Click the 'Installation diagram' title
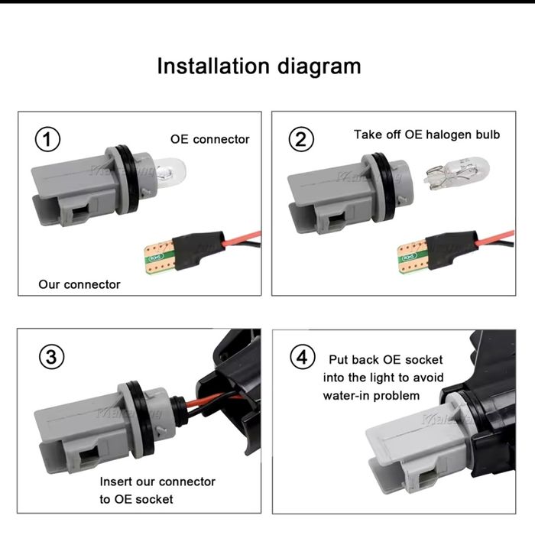click(258, 66)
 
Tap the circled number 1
click(48, 140)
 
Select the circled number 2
click(300, 140)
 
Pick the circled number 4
click(303, 356)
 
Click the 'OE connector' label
click(209, 139)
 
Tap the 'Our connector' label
click(79, 284)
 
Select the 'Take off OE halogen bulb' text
click(426, 135)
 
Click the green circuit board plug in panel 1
click(158, 253)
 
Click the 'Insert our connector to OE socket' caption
click(157, 491)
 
